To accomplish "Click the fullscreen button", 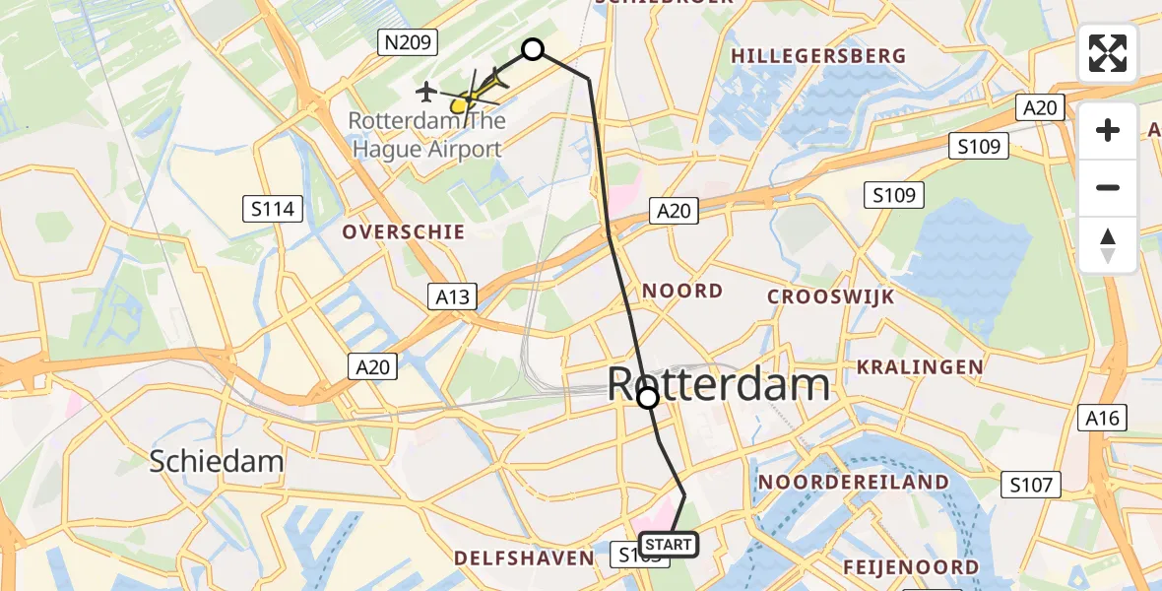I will click(x=1108, y=53).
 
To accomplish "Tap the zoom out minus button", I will click(x=1108, y=187).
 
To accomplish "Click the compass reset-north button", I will click(x=1108, y=245).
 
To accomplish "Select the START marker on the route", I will click(x=669, y=544).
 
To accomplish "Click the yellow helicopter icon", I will click(x=471, y=97).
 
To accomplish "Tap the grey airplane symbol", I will click(x=426, y=92).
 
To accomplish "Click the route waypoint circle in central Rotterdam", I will click(x=648, y=398).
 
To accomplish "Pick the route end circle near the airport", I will click(x=533, y=49).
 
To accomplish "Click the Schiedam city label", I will click(x=217, y=460).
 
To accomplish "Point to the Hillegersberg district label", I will click(x=818, y=56).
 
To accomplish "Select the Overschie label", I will click(x=403, y=232).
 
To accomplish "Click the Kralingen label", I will click(x=920, y=367).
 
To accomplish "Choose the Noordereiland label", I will click(x=854, y=483).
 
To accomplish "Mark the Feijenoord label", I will click(x=911, y=567).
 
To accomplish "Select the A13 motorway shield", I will click(x=453, y=296).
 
